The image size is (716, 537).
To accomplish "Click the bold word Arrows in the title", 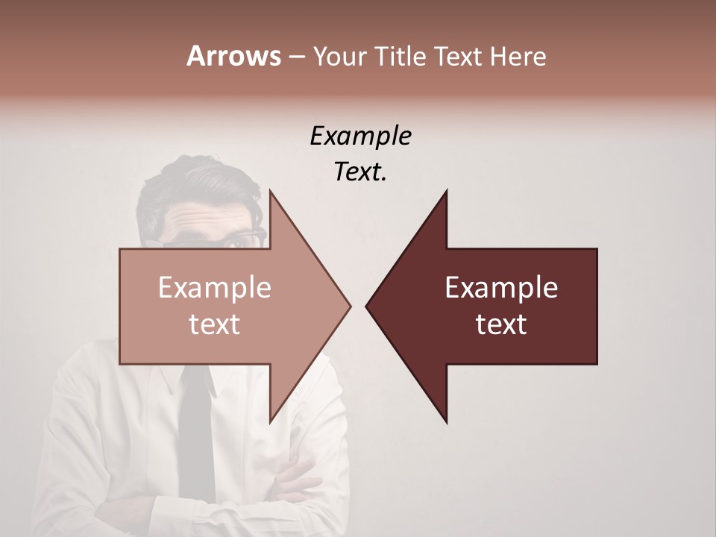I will coord(233,56).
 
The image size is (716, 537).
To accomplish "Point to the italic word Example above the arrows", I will coord(360,136).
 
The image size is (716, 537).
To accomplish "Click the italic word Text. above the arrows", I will coord(360,172).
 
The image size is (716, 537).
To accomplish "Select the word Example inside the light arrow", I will coord(215,288).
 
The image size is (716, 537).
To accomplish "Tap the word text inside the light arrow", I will coord(215,324).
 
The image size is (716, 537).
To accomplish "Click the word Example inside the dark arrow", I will coord(501,288).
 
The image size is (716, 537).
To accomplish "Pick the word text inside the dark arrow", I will coord(501,324).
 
